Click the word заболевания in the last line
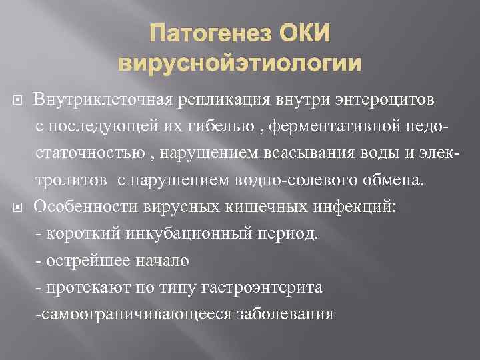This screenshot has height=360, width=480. point(285,314)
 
